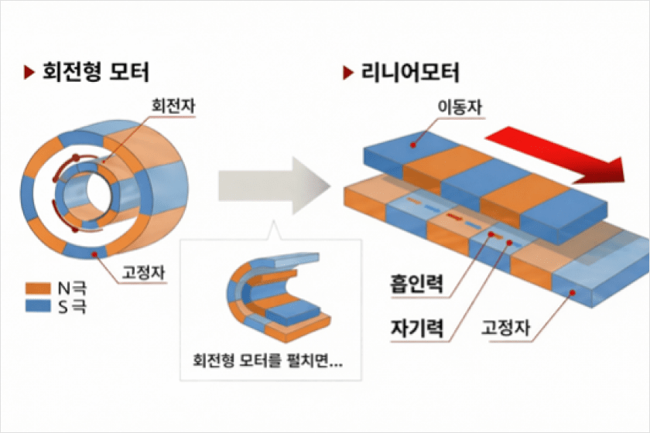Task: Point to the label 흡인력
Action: [416, 284]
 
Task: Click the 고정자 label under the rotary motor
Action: [143, 271]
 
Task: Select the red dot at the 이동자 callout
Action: [416, 142]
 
